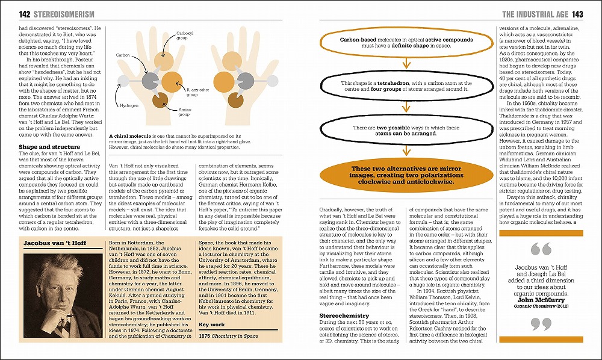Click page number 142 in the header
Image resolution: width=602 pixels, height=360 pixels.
(x=10, y=14)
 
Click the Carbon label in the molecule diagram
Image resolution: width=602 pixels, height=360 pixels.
(x=123, y=55)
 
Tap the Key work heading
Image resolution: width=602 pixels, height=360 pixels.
(x=211, y=324)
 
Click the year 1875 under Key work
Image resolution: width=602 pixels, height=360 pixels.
(x=205, y=335)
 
